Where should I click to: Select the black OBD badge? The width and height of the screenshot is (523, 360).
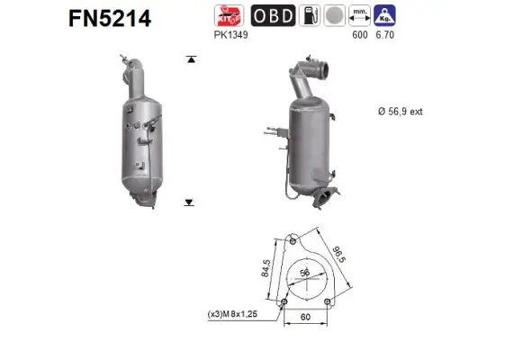[x=270, y=16]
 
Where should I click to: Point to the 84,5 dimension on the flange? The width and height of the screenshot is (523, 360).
[x=266, y=271]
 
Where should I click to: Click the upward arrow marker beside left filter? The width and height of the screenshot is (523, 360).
[x=189, y=59]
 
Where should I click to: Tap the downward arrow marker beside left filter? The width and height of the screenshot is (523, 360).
[x=189, y=202]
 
